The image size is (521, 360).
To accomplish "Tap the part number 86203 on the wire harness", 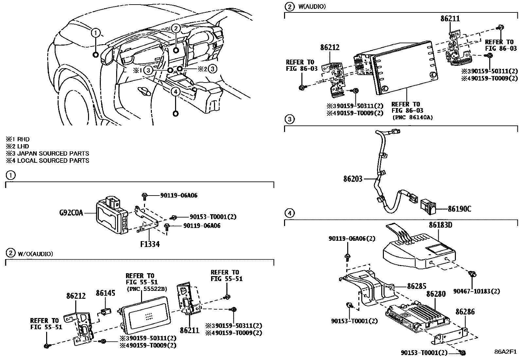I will [x=353, y=179].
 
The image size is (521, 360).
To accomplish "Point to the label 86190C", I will [x=459, y=208].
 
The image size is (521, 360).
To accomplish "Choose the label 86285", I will [x=417, y=286].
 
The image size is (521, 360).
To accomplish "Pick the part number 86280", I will [x=436, y=294].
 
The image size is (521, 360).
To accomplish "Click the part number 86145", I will [x=105, y=293].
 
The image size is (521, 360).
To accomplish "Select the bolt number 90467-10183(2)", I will [x=476, y=291].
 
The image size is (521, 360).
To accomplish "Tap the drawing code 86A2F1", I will [x=505, y=352].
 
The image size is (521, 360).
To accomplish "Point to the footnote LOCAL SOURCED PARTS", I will [x=53, y=161].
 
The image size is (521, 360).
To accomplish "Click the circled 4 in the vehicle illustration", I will [x=176, y=92].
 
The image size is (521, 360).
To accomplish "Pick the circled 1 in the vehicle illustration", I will [x=96, y=33].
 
